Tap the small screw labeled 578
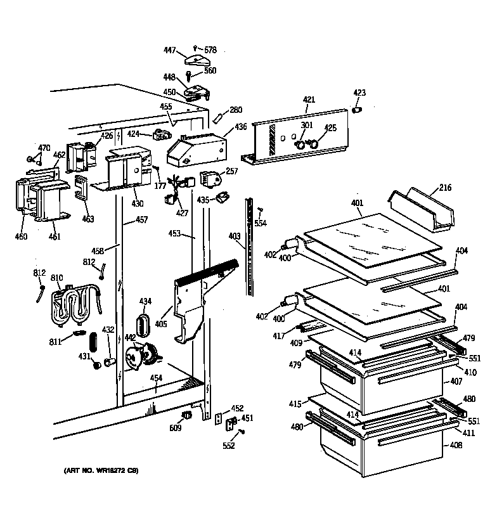pos(196,48)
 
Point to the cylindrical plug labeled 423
pos(357,110)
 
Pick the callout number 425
pos(330,127)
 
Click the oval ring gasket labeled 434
pos(144,324)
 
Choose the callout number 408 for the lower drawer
pos(456,446)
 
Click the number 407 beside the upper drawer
pos(456,382)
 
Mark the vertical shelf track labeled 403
pos(251,247)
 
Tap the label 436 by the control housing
pos(240,127)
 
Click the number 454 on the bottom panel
pos(156,378)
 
